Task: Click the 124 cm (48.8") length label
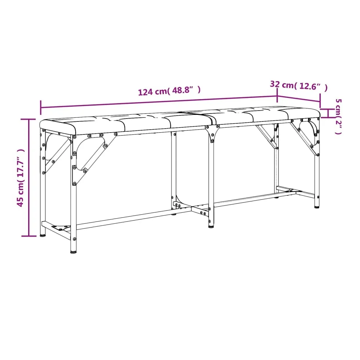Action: tap(169, 91)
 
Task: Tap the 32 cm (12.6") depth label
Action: tap(299, 86)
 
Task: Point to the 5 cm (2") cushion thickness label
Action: tap(339, 117)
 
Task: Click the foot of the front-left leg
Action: tap(73, 252)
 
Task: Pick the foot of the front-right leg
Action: tap(317, 207)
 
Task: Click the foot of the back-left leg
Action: tap(43, 235)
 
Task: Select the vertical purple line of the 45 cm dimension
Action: tap(29, 177)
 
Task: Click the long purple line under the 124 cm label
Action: tap(159, 102)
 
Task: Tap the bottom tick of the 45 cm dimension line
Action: tap(29, 236)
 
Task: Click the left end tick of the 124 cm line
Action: tap(41, 107)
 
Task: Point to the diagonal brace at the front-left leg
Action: tap(95, 158)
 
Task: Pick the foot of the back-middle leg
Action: tap(174, 214)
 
